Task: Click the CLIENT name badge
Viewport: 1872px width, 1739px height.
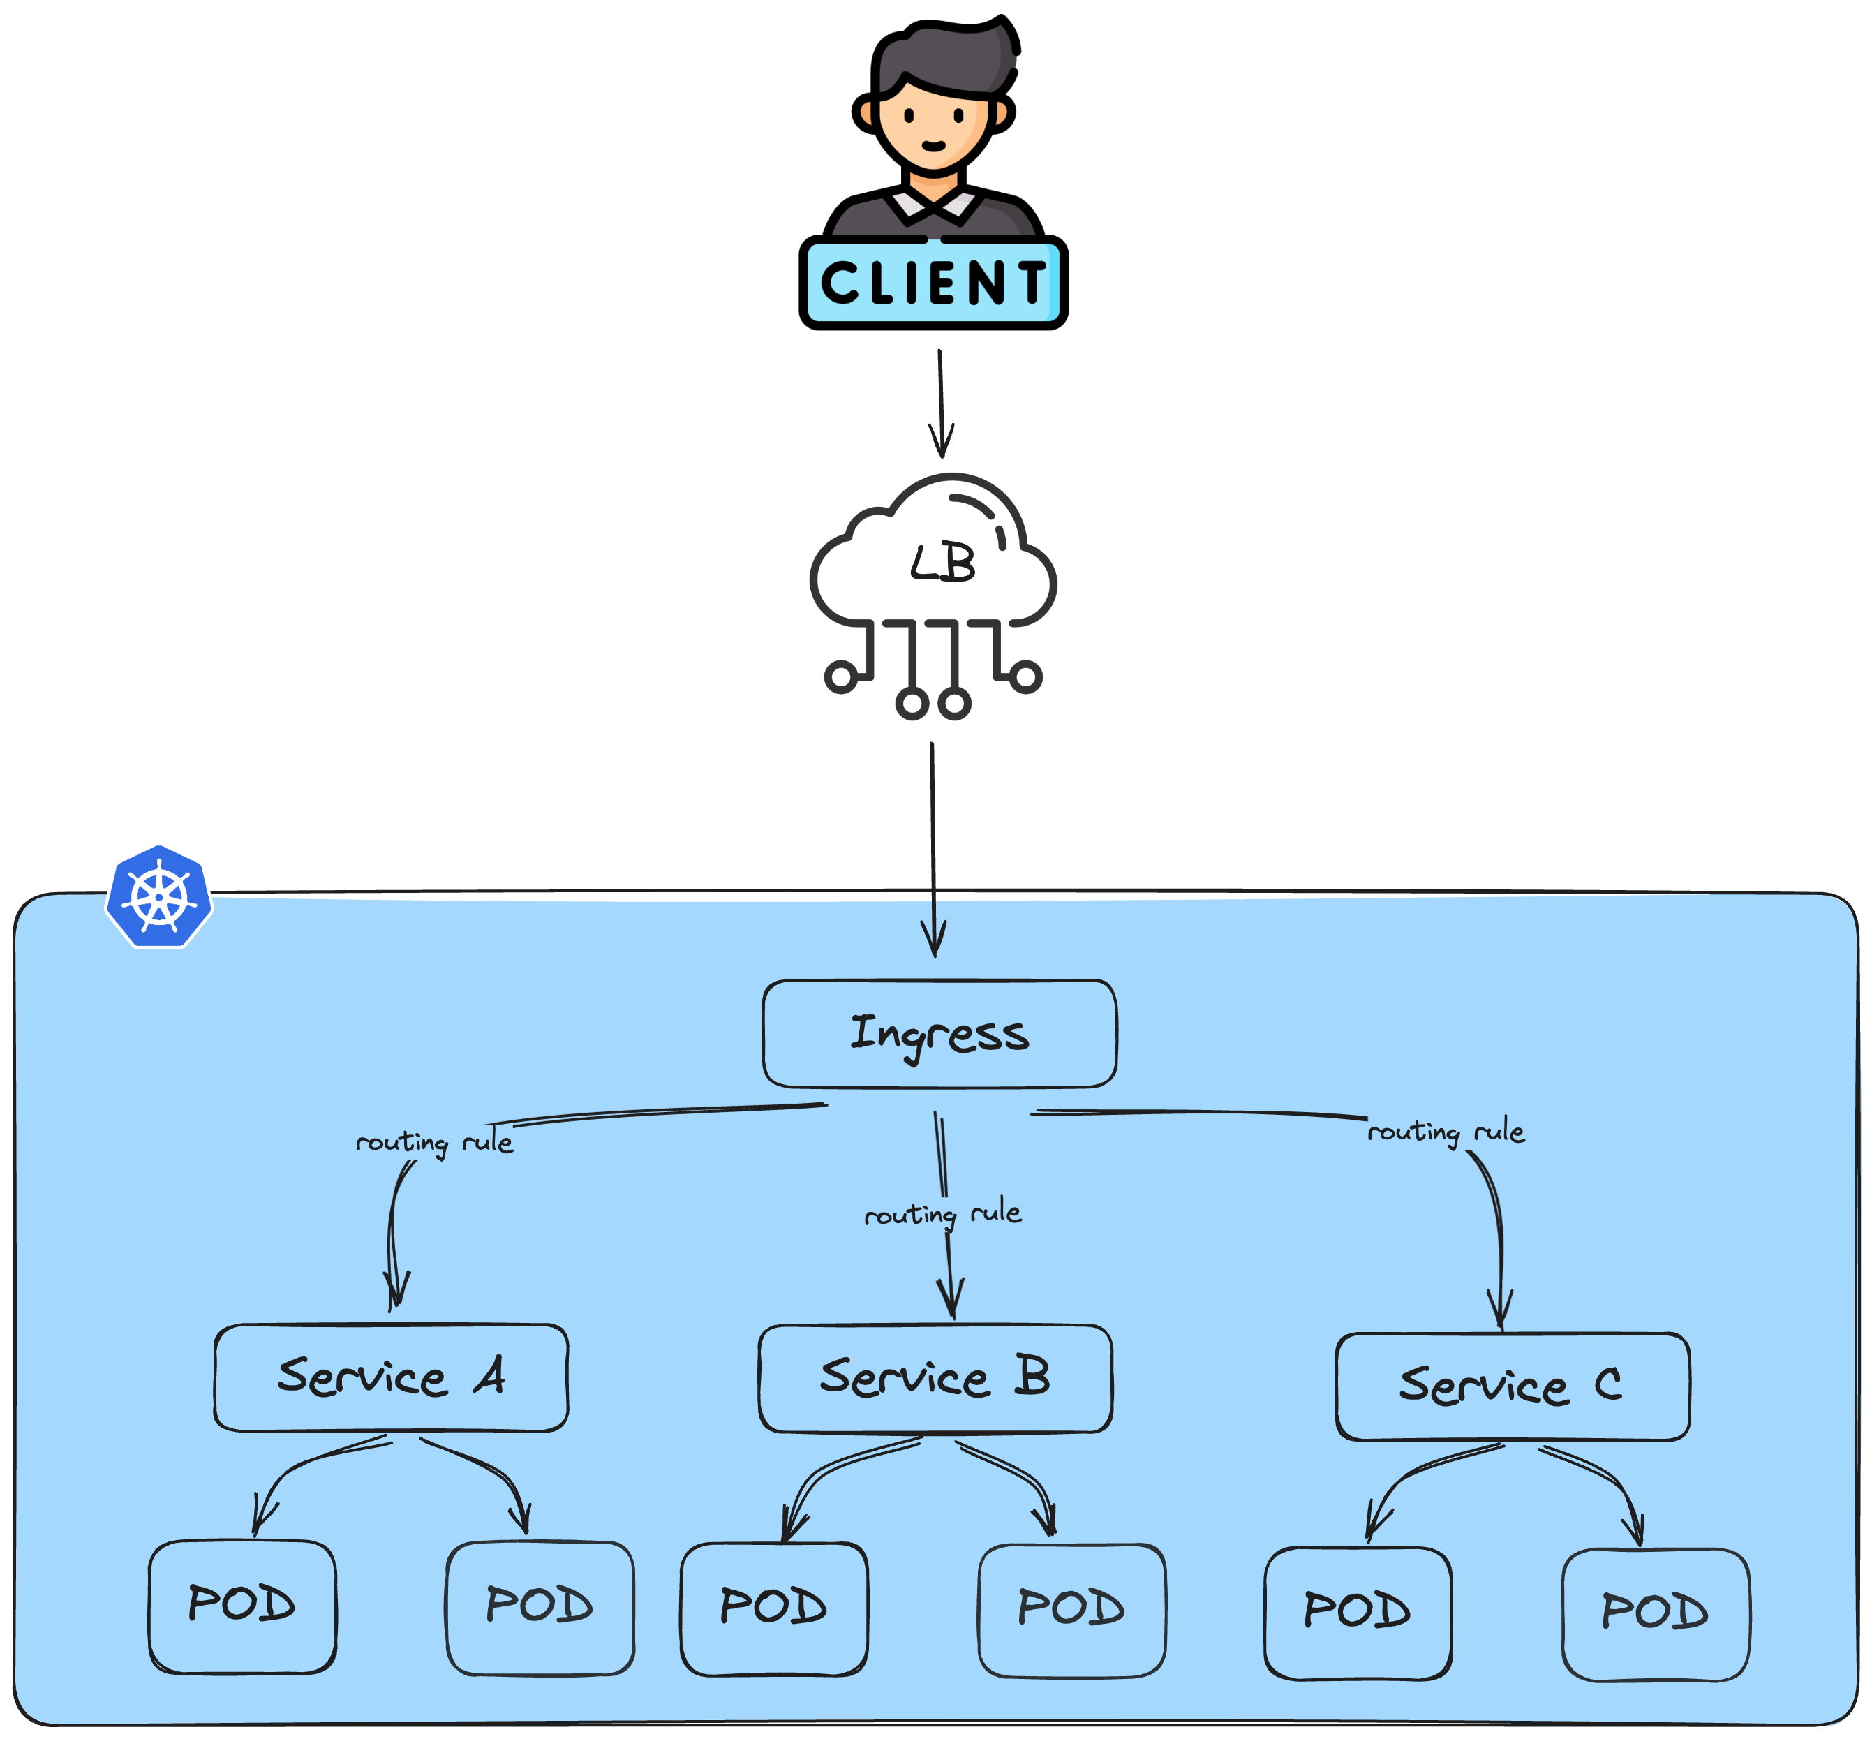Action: click(x=933, y=282)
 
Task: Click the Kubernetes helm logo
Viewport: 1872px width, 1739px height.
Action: click(x=159, y=897)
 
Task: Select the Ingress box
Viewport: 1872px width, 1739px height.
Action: click(x=939, y=1033)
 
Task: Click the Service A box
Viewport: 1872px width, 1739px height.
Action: click(x=390, y=1377)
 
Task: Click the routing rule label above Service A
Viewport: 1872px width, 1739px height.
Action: click(x=433, y=1142)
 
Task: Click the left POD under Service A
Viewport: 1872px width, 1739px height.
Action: click(x=242, y=1604)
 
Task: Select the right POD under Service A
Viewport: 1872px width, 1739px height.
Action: click(x=539, y=1606)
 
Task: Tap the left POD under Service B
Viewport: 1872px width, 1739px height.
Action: click(x=773, y=1607)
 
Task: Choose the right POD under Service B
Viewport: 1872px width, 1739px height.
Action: click(x=1071, y=1608)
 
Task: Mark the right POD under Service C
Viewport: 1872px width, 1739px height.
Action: click(x=1655, y=1612)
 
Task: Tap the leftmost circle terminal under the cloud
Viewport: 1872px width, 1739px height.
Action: click(x=840, y=676)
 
